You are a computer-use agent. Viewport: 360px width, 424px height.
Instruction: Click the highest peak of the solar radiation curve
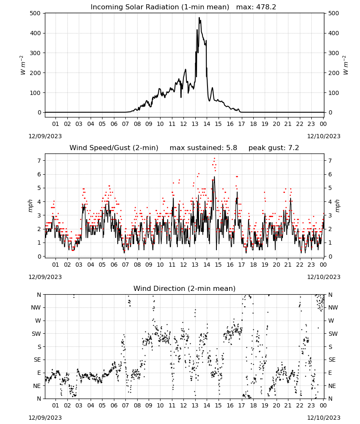[199, 18]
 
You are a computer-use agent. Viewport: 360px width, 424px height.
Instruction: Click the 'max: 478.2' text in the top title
[256, 7]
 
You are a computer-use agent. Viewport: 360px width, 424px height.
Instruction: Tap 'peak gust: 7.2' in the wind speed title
[274, 148]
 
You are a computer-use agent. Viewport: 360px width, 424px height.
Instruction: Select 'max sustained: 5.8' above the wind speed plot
[203, 148]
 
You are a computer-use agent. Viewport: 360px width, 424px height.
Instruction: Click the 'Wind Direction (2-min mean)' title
[185, 288]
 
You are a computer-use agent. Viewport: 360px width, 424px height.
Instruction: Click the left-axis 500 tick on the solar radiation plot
[35, 13]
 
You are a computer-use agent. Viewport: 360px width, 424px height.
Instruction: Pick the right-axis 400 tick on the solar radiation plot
[334, 33]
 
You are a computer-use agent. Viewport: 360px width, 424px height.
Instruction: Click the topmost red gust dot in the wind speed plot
[214, 158]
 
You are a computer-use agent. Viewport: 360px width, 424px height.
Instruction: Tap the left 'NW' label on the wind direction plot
[36, 307]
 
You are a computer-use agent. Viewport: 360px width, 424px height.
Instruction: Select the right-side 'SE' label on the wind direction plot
[332, 360]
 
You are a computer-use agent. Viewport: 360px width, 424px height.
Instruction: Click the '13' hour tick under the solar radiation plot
[195, 124]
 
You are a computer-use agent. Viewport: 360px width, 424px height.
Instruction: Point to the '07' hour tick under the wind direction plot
[125, 405]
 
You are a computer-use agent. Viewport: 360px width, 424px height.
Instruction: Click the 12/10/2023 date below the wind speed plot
[324, 277]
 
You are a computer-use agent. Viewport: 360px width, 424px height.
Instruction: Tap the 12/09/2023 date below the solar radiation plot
[45, 136]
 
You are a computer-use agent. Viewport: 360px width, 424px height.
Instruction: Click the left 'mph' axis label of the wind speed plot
[30, 206]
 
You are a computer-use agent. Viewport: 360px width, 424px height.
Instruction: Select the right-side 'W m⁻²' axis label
[346, 65]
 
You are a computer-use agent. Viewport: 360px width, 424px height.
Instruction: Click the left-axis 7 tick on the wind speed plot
[39, 161]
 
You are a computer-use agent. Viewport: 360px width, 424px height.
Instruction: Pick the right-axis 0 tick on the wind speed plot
[330, 257]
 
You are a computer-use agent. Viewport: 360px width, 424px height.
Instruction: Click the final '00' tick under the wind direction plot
[323, 405]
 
